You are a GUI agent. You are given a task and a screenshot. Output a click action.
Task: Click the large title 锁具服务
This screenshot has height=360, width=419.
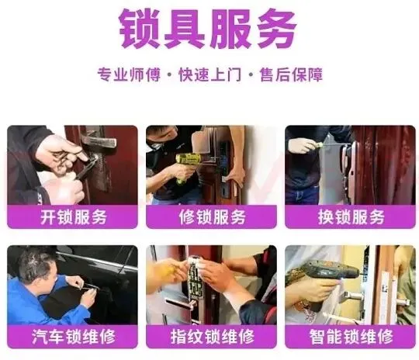click(208, 29)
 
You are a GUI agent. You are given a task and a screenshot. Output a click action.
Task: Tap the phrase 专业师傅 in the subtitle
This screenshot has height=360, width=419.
click(129, 74)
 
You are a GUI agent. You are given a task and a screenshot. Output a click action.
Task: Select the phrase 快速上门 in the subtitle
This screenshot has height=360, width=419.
click(210, 74)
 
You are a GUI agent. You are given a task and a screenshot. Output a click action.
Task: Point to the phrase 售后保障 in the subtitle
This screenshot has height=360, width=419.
click(291, 74)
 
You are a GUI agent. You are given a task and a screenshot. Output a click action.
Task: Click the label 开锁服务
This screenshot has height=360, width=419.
click(74, 216)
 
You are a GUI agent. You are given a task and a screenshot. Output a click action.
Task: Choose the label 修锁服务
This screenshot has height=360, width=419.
click(212, 216)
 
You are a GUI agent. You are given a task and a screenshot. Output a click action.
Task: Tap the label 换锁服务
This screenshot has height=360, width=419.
click(351, 216)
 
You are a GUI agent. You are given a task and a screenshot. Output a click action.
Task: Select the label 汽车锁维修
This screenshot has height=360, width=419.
click(74, 337)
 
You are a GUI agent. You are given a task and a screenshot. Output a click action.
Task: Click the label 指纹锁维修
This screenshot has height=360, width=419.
click(212, 337)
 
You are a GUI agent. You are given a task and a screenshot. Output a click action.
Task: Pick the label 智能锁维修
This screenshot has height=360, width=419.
click(351, 337)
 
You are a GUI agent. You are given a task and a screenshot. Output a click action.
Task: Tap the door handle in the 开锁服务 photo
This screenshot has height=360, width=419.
click(99, 140)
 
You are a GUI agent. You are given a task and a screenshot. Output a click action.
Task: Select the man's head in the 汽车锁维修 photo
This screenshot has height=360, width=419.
click(39, 265)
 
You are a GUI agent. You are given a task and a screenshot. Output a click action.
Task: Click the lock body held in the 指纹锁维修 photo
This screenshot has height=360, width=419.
click(195, 278)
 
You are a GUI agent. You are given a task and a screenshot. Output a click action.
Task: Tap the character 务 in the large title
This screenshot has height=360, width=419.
click(275, 29)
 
